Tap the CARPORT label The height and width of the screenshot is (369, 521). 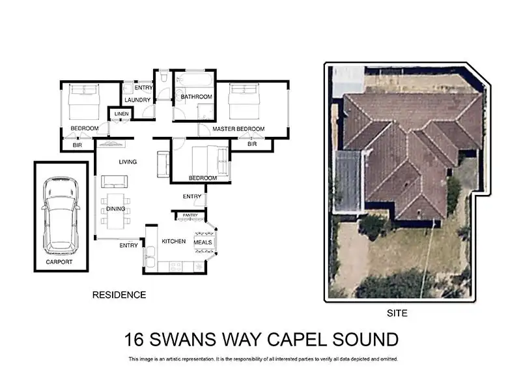pyautogui.click(x=59, y=261)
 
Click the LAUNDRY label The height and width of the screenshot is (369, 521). pyautogui.click(x=137, y=100)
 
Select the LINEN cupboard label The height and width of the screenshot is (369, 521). pyautogui.click(x=121, y=114)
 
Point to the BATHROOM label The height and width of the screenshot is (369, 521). pyautogui.click(x=196, y=97)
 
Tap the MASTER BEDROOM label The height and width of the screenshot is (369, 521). pyautogui.click(x=238, y=129)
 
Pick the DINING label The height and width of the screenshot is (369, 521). pyautogui.click(x=115, y=209)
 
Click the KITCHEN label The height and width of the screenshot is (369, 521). pyautogui.click(x=174, y=241)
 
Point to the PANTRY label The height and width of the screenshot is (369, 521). pyautogui.click(x=190, y=214)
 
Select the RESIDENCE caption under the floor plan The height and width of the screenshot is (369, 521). pyautogui.click(x=119, y=295)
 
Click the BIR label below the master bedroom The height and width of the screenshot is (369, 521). pyautogui.click(x=252, y=144)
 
